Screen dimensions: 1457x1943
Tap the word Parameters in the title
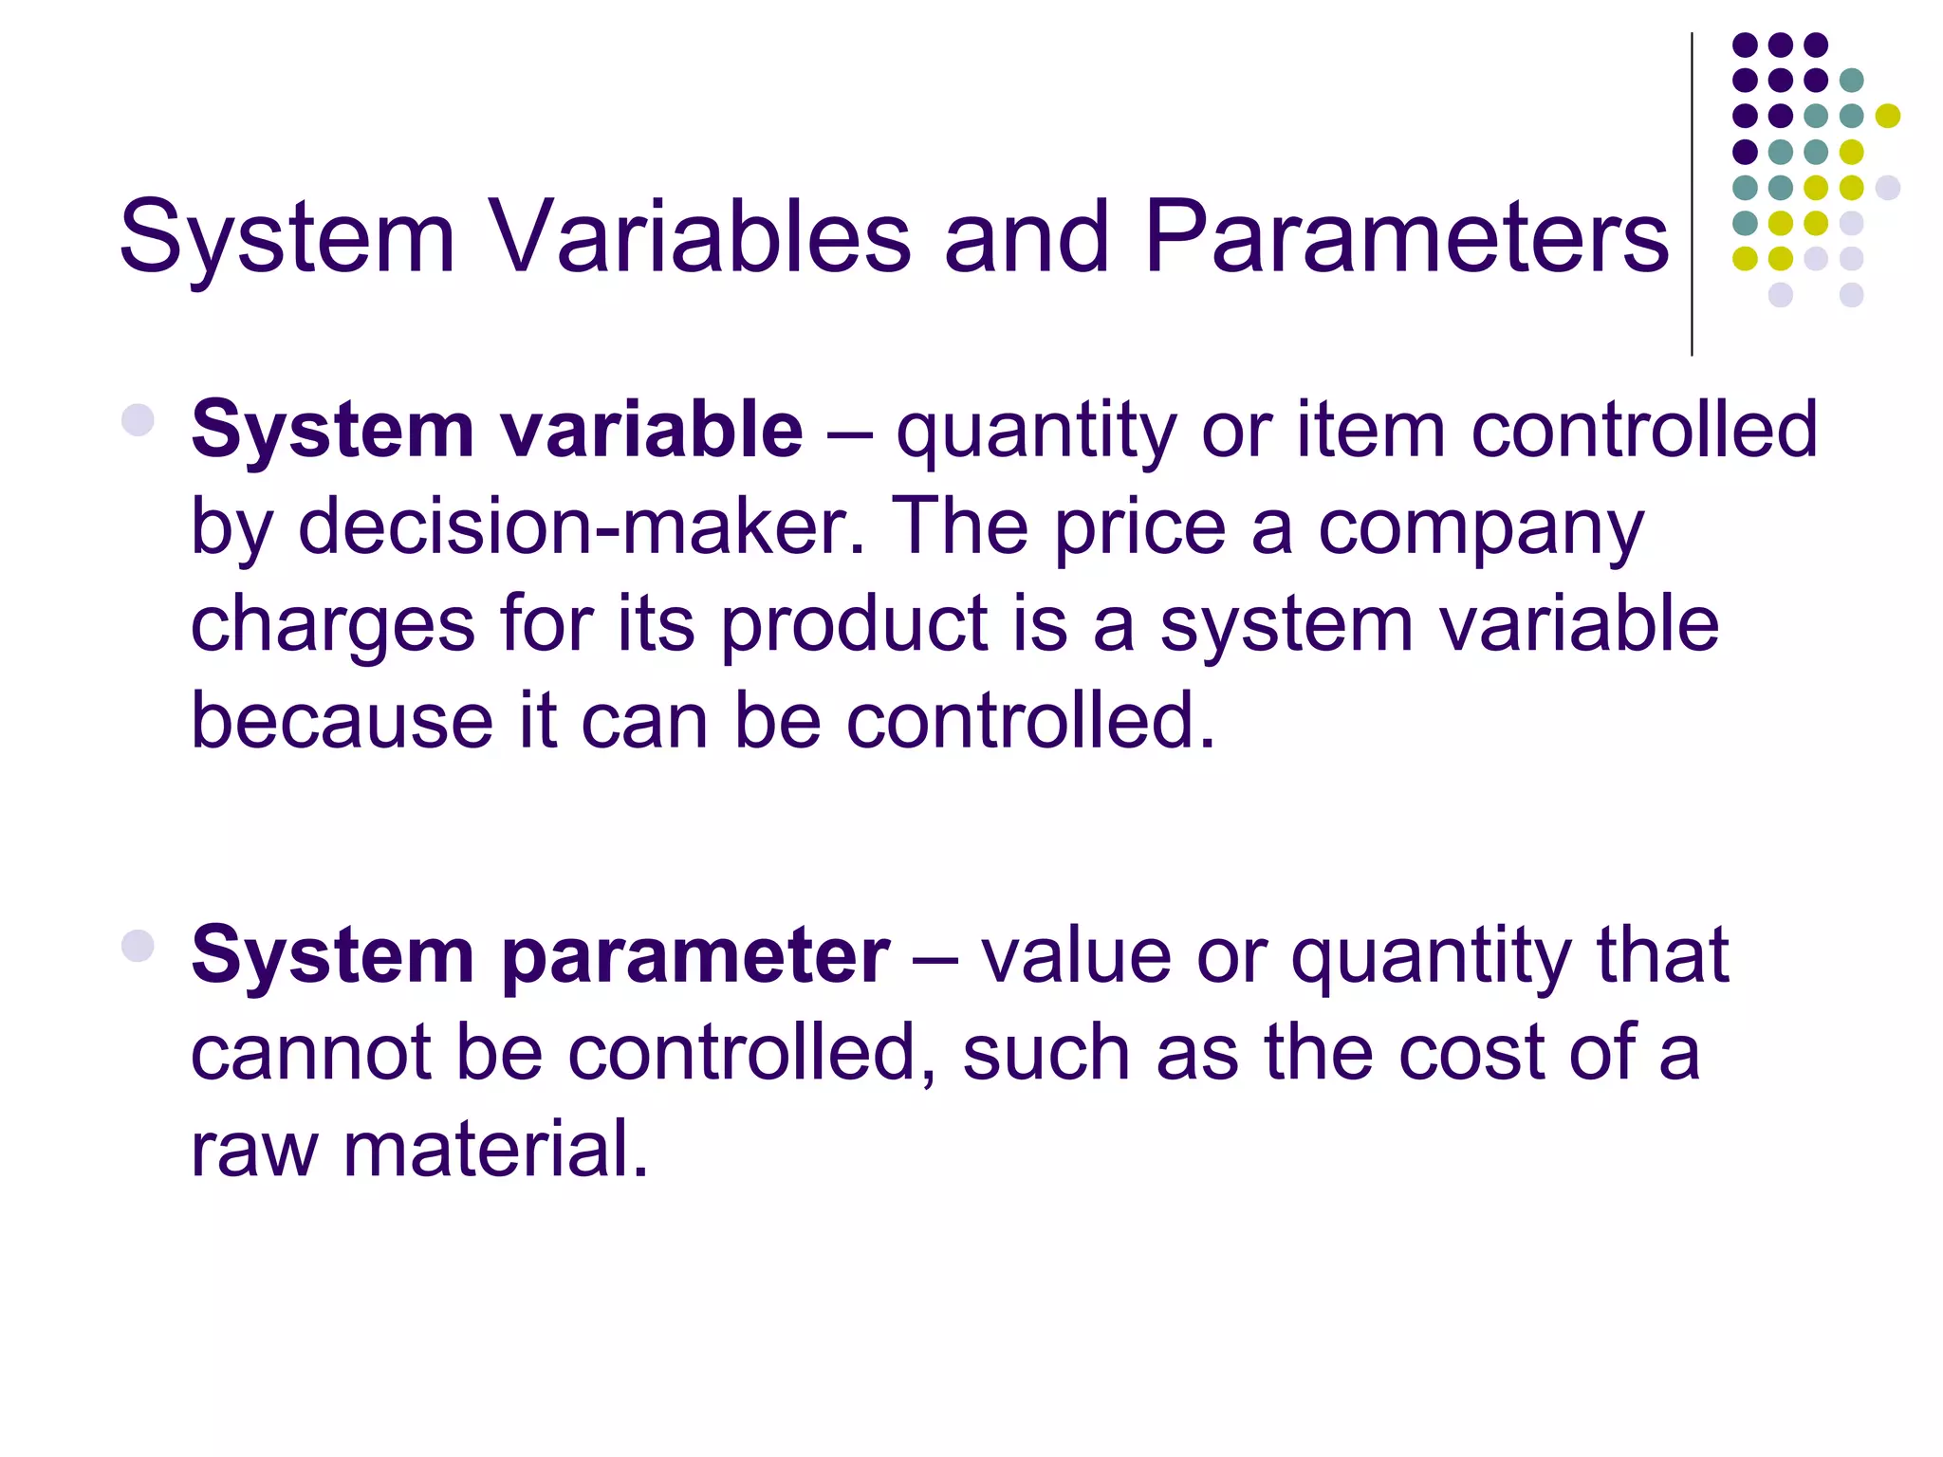pos(1405,237)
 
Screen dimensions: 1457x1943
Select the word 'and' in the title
pos(1027,237)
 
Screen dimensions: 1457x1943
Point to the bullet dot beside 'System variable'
pos(139,419)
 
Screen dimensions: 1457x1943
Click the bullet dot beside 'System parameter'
pos(139,945)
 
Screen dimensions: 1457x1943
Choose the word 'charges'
pos(332,626)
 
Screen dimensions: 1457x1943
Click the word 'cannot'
pos(311,1053)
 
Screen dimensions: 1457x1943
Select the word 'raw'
pos(253,1150)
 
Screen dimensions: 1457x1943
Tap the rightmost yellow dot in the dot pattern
pos(1888,116)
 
